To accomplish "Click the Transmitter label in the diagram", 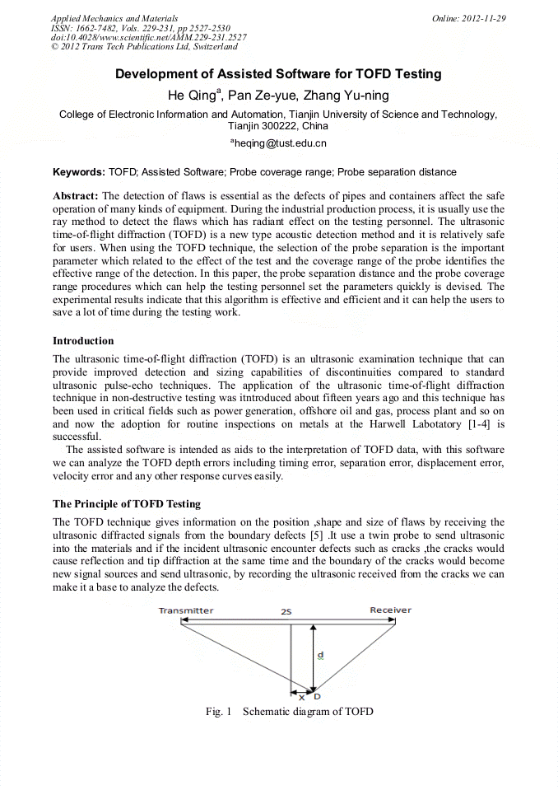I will pos(185,610).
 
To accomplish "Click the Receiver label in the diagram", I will pos(390,610).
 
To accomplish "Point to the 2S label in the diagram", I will pos(286,611).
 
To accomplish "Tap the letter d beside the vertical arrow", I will pos(320,656).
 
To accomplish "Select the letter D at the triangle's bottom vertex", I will pos(318,697).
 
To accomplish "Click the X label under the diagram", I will pos(301,697).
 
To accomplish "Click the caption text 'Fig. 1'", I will pos(219,711).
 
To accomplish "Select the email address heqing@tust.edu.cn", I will pos(280,143).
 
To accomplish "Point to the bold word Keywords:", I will pos(78,173).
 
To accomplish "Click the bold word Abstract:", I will pos(76,195).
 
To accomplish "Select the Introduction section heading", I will pos(83,340).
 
